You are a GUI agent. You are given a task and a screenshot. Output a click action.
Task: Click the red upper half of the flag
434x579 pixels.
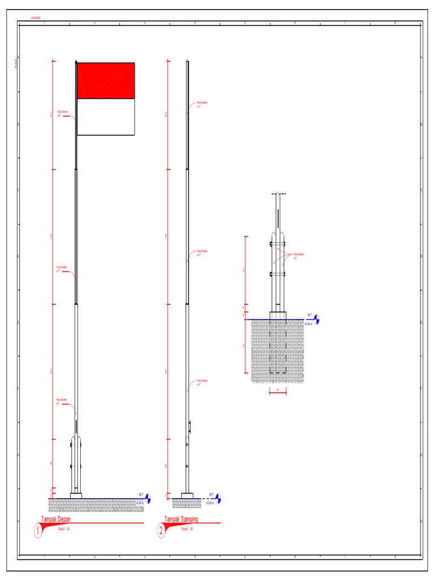[105, 81]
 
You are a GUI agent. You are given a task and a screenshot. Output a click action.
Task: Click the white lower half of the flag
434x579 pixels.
[105, 117]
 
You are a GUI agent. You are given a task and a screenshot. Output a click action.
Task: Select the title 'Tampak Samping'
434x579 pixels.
[181, 519]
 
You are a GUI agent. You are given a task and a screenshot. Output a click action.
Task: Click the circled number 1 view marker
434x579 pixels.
[39, 530]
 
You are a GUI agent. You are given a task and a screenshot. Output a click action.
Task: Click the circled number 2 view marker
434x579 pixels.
[162, 530]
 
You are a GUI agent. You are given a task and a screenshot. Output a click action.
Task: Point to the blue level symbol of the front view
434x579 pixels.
[149, 498]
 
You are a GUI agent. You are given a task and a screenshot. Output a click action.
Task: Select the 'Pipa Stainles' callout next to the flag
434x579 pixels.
[63, 113]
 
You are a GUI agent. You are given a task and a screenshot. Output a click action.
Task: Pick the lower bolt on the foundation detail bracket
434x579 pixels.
[272, 274]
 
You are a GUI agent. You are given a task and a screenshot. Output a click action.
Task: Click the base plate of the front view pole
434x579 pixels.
[76, 496]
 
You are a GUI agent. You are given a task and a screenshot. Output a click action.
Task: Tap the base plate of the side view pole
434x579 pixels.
[187, 496]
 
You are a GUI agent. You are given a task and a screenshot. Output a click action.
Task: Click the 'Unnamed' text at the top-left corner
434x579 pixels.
[36, 18]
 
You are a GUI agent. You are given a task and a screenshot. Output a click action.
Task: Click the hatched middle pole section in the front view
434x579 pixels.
[76, 237]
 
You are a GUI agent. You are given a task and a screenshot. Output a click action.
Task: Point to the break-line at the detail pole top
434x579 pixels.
[278, 194]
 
